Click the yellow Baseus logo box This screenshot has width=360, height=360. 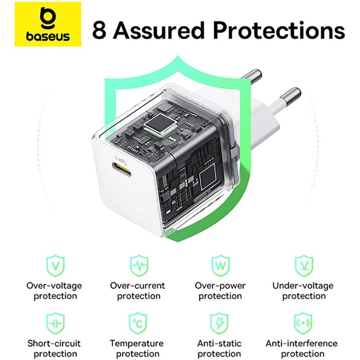point(48,24)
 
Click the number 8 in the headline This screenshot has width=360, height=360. point(99,30)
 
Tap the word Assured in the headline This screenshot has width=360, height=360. point(159,30)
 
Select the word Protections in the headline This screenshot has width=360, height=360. point(279,30)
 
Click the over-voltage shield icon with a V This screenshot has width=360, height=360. point(55,265)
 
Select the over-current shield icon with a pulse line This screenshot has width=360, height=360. point(139,265)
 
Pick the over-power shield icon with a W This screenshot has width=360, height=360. point(220,265)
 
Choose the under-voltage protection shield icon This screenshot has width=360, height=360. point(303,265)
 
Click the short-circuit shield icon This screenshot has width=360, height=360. point(55,323)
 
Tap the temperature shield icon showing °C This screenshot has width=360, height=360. point(138,323)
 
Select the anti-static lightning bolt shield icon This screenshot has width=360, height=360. point(219,323)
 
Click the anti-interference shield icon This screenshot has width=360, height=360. point(303,323)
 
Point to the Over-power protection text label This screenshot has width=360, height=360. point(220,291)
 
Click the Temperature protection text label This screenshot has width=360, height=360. point(137,348)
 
